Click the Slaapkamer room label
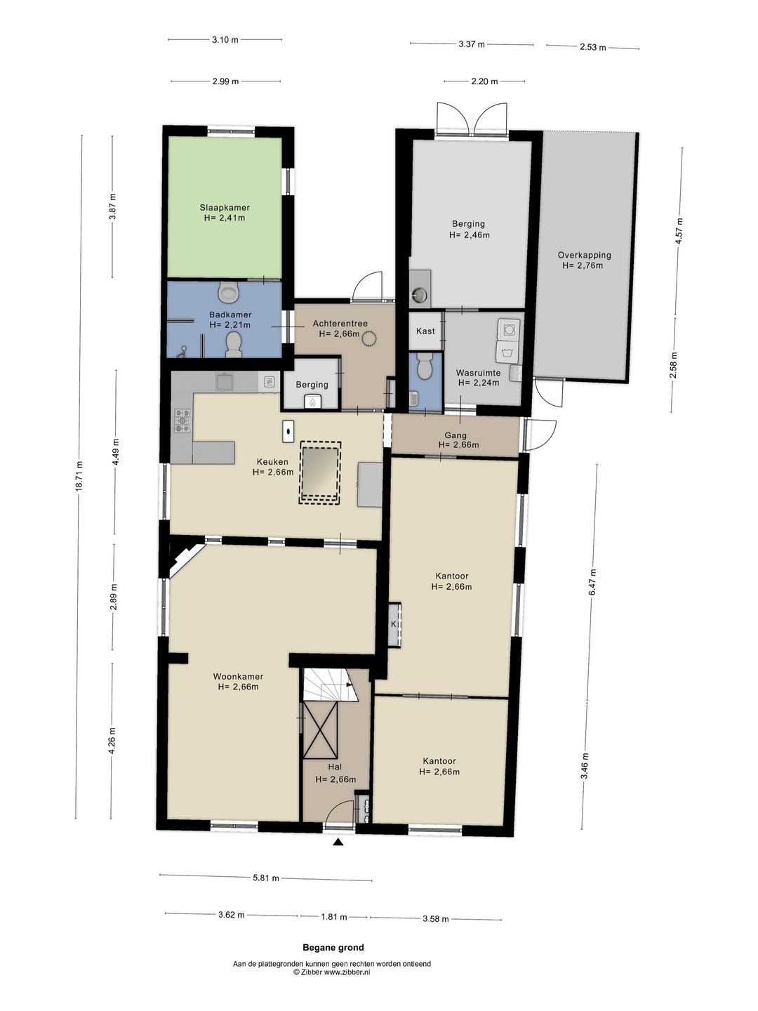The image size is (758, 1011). point(225,208)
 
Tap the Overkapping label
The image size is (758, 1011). point(584,255)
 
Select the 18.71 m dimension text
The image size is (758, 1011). point(79,476)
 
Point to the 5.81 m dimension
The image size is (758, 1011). point(266,878)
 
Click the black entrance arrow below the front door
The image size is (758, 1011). point(339,842)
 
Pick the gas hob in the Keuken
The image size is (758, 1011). point(182,421)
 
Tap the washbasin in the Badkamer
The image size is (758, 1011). point(228,291)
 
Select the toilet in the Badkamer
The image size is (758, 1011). point(234,345)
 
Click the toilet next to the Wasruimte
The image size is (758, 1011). point(423,365)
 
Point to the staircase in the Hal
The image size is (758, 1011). point(330,685)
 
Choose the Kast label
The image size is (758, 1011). point(425,331)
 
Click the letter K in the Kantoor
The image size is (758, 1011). point(394,624)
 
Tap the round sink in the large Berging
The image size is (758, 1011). point(419,295)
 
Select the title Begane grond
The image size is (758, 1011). point(333,947)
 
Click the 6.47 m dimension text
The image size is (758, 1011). point(593,582)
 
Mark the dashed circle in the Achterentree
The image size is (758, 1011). point(369,339)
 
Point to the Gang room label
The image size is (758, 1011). point(456,435)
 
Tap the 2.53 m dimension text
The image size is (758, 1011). point(593,47)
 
